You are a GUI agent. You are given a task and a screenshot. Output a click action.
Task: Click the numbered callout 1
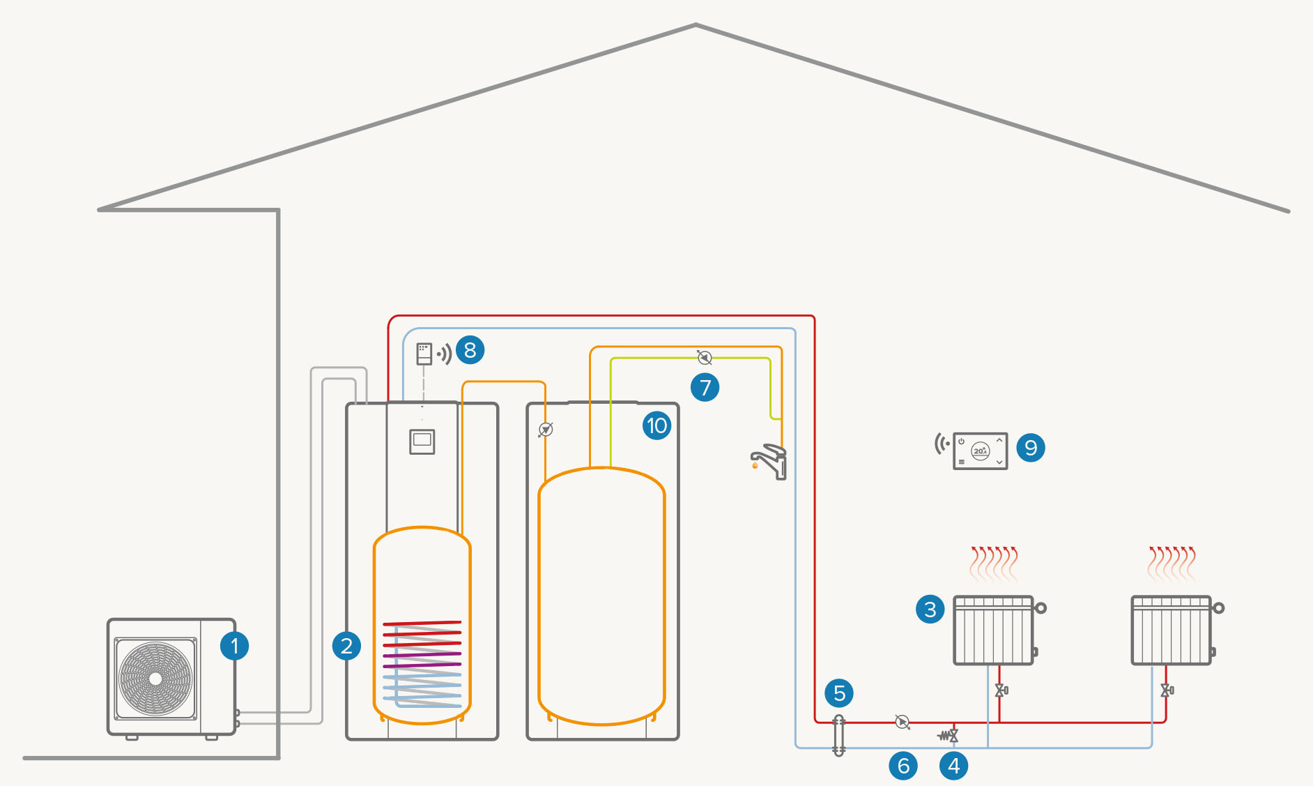234,646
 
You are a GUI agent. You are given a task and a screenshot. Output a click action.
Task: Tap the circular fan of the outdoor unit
155,678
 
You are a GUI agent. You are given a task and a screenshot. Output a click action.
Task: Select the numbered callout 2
346,646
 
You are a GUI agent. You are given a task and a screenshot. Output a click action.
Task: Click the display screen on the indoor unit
422,441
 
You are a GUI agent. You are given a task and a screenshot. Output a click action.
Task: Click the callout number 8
470,350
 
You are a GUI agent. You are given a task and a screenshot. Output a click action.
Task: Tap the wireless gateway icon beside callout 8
424,354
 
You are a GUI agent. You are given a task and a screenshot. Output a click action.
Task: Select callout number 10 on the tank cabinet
656,425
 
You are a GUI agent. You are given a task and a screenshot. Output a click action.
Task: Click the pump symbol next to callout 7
705,358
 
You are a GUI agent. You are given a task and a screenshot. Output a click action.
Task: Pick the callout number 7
705,387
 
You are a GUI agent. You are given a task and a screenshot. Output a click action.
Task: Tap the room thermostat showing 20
980,451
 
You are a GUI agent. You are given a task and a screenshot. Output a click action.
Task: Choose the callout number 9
1031,448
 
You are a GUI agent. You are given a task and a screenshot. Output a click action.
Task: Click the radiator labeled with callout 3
993,630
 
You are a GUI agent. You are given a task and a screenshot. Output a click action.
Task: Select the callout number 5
839,693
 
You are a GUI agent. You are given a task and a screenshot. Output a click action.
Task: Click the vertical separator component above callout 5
839,735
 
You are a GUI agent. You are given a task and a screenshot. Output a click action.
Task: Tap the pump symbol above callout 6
903,722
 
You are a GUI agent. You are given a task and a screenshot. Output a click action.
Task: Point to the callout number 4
953,766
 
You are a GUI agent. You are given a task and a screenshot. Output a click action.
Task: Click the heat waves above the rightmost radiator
1172,564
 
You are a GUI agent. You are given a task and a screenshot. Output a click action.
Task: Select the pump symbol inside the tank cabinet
546,430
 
